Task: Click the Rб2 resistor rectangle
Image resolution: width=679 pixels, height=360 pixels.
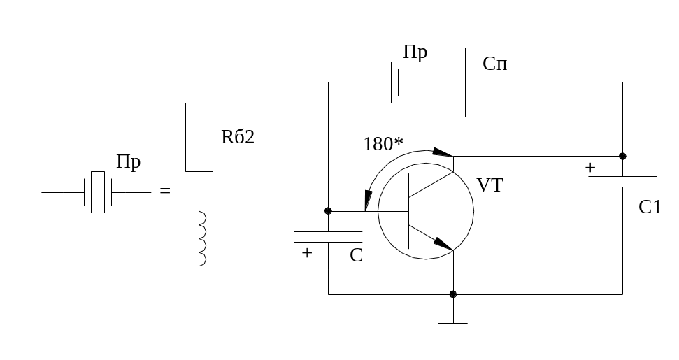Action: pos(199,137)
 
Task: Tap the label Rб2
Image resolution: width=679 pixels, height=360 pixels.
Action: pos(238,138)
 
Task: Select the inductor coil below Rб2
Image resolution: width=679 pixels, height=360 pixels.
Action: pos(202,240)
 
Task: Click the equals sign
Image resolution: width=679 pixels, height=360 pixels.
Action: pos(165,190)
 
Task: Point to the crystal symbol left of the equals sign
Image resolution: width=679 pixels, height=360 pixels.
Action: pos(98,192)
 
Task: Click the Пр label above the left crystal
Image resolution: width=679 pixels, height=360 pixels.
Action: pos(129,163)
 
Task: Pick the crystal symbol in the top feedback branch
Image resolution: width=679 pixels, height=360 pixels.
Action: pos(385,82)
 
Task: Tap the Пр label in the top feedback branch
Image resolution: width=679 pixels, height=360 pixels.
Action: pos(415,53)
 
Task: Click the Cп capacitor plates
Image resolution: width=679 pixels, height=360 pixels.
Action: pos(471,82)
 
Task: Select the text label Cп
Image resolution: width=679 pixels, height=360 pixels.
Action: pos(495,64)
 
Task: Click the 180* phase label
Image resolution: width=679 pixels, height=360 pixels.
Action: pos(384,145)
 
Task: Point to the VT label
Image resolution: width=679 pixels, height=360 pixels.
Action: pos(489,185)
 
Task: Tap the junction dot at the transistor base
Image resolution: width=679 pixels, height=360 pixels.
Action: pos(328,210)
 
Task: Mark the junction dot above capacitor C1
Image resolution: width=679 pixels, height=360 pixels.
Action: pos(622,156)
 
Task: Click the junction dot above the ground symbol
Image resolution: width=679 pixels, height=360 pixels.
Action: pos(453,294)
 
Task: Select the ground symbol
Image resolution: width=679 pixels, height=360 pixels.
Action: pos(453,322)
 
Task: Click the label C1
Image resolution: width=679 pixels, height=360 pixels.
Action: pos(650,208)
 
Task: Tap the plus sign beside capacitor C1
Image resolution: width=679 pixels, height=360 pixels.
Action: pos(590,168)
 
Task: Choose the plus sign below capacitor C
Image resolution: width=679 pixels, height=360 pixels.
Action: pos(306,252)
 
